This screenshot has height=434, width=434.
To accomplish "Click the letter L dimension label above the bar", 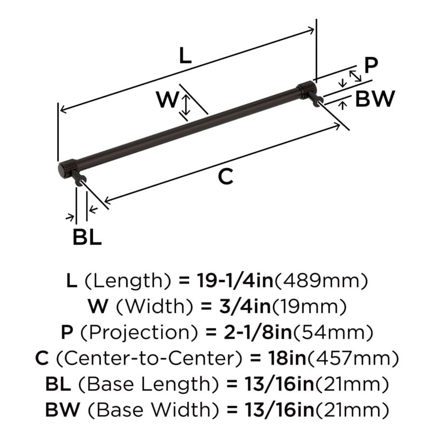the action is coord(185,55).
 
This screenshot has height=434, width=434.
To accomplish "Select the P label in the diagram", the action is coord(371,65).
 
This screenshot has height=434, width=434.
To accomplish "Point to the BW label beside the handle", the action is coord(375,98).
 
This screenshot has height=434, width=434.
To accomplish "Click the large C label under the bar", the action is coord(226,176).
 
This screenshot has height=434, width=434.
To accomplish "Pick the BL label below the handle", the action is coord(87,237).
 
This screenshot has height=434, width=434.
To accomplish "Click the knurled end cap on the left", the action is coord(67,168).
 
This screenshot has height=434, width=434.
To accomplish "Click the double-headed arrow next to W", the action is coord(186,105).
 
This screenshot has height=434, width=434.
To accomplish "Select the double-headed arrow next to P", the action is coord(355,76).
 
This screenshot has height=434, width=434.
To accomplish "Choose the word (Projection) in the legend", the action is coord(139,332).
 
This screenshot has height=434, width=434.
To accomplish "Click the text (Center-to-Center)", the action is coord(149,358).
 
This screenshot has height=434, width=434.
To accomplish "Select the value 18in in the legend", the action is coord(287,358).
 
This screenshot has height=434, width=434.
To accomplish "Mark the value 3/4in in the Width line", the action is coord(245,306).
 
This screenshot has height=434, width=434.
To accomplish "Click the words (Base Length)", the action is coord(149,384).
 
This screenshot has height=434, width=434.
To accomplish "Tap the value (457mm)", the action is coord(353,358).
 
